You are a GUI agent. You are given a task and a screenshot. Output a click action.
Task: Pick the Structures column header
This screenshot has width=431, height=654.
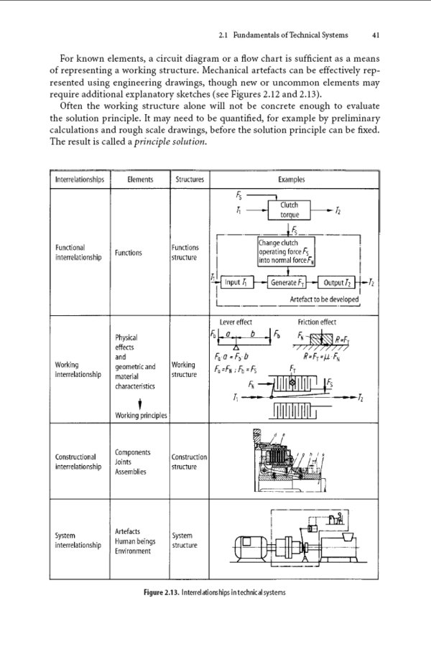click(x=189, y=179)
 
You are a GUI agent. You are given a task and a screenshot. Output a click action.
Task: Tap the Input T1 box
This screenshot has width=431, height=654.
click(x=236, y=281)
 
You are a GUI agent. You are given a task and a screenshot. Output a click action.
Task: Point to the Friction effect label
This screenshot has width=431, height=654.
click(x=316, y=322)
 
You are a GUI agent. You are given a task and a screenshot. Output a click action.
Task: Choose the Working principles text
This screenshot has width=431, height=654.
click(x=141, y=415)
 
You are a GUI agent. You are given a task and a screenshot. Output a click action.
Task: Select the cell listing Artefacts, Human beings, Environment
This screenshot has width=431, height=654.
click(x=137, y=541)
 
